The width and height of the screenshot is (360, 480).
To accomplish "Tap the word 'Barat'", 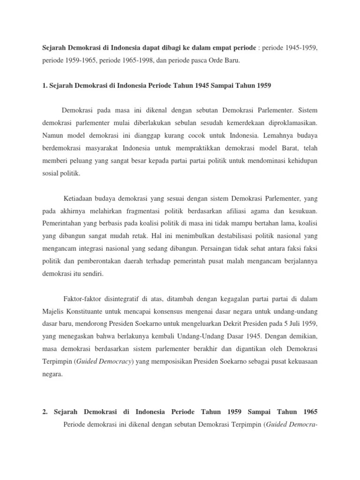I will [x=289, y=148].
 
